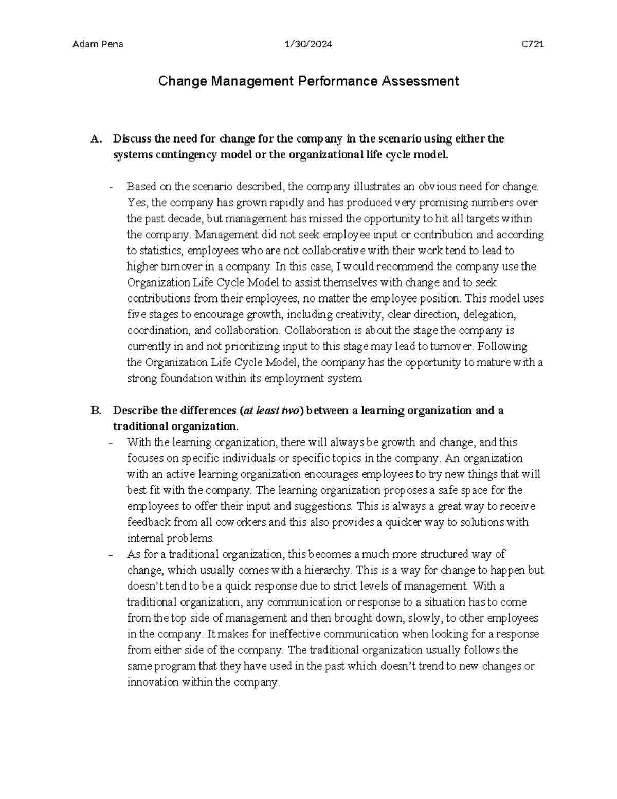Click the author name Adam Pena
pos(98,44)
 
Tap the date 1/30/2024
pos(308,44)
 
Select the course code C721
pos(533,44)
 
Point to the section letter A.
pos(94,139)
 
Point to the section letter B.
pos(94,411)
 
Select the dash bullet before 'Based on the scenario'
pos(112,187)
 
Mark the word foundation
pos(183,379)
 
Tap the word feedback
pos(149,522)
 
